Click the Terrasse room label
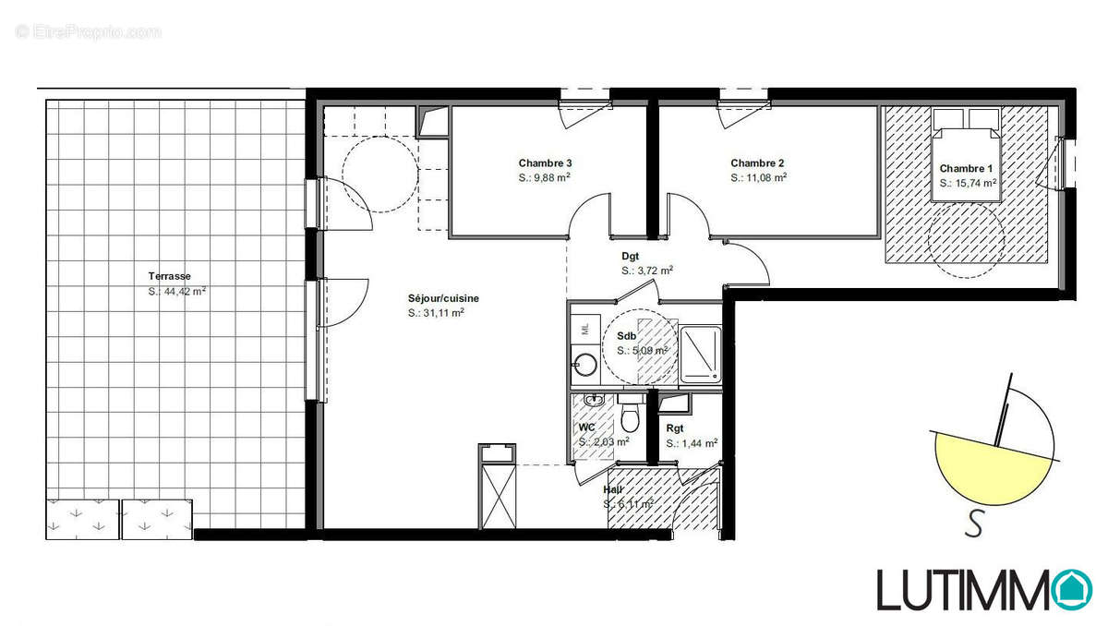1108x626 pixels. coord(169,276)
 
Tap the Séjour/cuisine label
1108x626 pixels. coord(443,298)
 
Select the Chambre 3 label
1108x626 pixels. coord(546,163)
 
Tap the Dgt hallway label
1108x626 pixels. coord(631,257)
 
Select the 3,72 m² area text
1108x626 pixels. coord(648,271)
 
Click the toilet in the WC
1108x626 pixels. coord(632,419)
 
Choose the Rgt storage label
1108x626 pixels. coord(675,428)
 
